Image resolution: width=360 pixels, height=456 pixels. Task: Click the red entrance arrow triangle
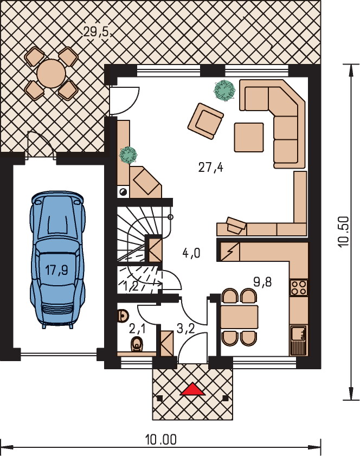point(192,389)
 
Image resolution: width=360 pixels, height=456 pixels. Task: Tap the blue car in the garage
point(57,260)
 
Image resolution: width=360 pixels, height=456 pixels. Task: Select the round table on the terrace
point(52,74)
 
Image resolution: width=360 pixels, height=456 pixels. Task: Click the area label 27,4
point(211,168)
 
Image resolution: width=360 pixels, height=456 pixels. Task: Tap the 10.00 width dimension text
point(161,439)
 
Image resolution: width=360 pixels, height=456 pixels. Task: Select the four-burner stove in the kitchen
point(299,287)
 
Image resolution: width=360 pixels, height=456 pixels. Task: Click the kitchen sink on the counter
point(299,333)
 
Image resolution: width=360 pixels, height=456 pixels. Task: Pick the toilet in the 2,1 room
point(137,344)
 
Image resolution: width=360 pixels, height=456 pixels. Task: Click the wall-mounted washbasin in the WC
point(123,316)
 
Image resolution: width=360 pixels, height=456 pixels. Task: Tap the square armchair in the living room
point(205,120)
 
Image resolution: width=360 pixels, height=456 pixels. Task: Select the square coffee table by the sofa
point(249,137)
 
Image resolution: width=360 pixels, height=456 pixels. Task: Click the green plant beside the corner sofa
point(224,91)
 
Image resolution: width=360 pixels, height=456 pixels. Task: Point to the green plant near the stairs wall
point(128,155)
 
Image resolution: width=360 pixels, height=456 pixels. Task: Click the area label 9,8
point(262,282)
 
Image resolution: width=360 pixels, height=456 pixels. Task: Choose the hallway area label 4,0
point(191,253)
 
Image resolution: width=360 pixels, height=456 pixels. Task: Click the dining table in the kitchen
point(239,317)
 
